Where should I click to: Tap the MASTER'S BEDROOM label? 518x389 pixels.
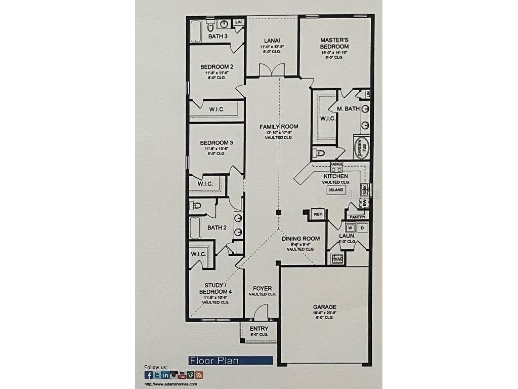point(334,43)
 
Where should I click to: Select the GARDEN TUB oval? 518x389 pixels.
point(361,148)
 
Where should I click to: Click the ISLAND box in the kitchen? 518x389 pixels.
point(336,190)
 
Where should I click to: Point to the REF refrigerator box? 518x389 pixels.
point(318,214)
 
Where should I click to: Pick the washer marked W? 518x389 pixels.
point(350,227)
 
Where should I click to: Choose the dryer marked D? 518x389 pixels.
point(362,227)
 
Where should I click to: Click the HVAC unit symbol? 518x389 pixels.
point(337,259)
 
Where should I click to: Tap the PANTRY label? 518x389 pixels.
point(357,217)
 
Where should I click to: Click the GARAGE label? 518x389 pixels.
point(324,307)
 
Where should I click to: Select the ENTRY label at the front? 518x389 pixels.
point(259,329)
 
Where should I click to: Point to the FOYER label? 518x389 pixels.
point(262,289)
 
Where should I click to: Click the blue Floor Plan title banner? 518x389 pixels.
point(231,361)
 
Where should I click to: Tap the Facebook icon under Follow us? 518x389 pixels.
point(149,375)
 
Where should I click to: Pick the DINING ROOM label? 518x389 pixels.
point(300,239)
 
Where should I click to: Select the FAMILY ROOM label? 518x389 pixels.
point(279,127)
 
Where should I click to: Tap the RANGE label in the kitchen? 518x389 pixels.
point(336,165)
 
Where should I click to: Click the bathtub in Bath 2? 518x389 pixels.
point(196,228)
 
